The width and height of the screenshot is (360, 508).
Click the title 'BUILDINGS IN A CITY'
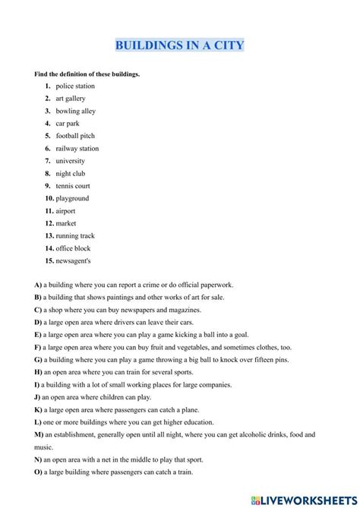[180, 46]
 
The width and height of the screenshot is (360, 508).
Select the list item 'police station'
[75, 87]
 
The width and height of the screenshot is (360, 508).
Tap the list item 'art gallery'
[71, 99]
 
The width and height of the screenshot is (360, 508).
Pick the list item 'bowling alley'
[76, 111]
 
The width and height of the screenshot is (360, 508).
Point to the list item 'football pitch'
[76, 136]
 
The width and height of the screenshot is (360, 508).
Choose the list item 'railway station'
[77, 149]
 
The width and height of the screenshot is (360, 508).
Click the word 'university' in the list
[71, 161]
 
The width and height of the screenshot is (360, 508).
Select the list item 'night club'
[71, 173]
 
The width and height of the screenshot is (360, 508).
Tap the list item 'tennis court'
[73, 186]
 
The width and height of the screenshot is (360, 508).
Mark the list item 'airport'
[67, 211]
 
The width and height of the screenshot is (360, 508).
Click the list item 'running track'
[75, 236]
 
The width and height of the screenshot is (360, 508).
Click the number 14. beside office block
[49, 248]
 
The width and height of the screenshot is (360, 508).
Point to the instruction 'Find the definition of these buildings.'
[87, 74]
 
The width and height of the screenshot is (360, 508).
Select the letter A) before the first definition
[37, 285]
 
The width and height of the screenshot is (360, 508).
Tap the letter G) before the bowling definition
[37, 359]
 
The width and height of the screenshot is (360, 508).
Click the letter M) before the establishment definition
[38, 434]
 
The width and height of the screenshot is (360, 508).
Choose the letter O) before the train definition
[37, 472]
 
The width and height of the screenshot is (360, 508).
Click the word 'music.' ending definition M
[43, 447]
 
